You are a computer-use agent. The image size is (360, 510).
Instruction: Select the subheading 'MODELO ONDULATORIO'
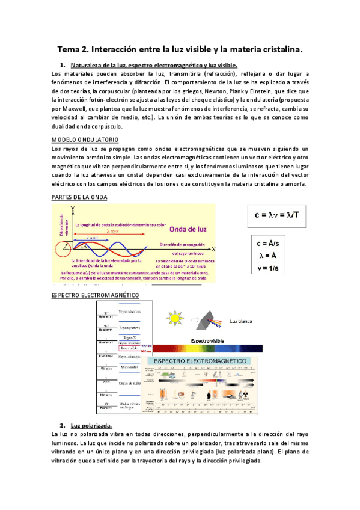point(81,139)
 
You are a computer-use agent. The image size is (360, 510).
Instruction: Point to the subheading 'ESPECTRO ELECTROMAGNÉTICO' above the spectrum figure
point(95,295)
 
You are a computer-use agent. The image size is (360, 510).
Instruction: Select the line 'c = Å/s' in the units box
point(271,244)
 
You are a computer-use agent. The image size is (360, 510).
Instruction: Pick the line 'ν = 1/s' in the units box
point(271,268)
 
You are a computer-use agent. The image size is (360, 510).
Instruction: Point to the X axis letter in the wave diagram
point(213,248)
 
